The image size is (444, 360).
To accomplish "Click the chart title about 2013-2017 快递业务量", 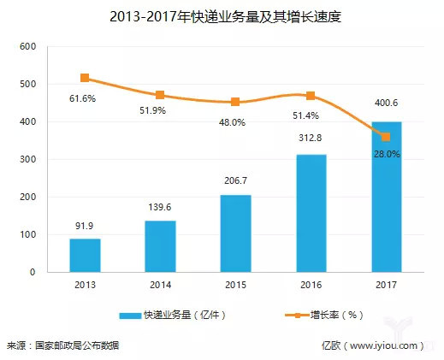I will [x=221, y=16].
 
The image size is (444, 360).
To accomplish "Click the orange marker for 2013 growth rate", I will [x=85, y=79].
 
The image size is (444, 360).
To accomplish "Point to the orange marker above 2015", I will [x=235, y=102].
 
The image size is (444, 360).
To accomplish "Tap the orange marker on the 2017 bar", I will [x=386, y=137].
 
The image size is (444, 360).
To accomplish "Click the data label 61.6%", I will [x=82, y=100].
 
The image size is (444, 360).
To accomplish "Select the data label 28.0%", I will [x=386, y=154].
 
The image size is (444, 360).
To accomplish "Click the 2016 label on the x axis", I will [x=311, y=285].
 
